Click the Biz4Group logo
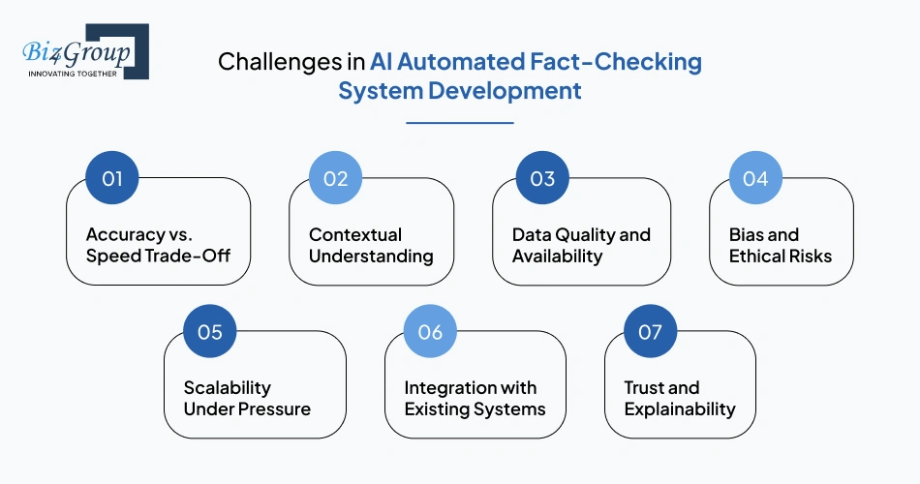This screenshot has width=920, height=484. coord(85,51)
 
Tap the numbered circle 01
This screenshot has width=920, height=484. coord(112,178)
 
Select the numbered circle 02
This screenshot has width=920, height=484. coord(336,178)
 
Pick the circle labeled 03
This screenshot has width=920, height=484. coord(542,178)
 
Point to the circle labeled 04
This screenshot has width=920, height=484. coord(755,178)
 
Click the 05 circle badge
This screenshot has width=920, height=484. coord(210,331)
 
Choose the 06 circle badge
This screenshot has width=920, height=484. coord(430,331)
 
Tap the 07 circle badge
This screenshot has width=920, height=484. coord(650,331)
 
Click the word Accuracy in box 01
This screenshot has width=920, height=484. coord(126,235)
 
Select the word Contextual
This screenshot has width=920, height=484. coord(355,234)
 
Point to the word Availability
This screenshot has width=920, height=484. coord(558,257)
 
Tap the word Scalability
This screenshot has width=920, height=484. coord(228,388)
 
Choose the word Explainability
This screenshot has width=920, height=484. coord(680,409)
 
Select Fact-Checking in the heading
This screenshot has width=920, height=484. coord(616,62)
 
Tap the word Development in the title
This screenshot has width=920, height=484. coord(505,91)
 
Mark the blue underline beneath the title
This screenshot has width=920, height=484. coord(460,123)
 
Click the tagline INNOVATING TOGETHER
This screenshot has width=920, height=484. coord(73,74)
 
